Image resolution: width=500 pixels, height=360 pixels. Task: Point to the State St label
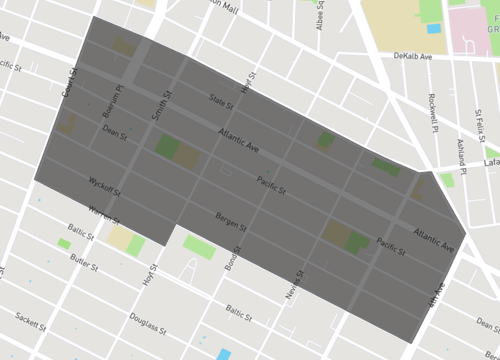click(220, 102)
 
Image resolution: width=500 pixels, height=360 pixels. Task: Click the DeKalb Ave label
click(413, 57)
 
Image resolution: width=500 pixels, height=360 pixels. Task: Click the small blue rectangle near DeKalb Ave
click(433, 29)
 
